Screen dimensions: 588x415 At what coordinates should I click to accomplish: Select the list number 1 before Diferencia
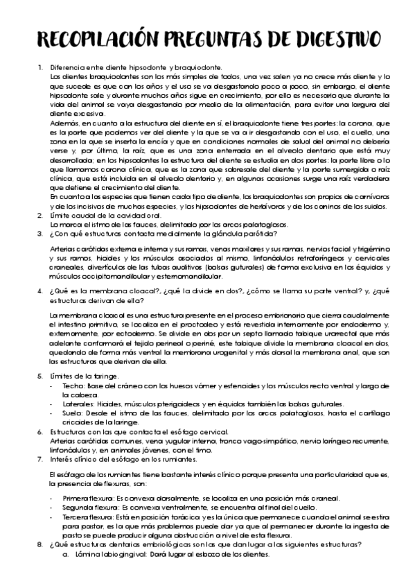[39, 67]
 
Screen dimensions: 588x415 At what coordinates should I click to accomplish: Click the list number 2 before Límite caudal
[39, 216]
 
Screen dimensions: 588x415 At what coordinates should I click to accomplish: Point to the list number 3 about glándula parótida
[39, 234]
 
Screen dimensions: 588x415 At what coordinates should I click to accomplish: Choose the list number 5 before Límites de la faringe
[39, 375]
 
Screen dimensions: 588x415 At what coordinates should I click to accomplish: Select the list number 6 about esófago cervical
[39, 431]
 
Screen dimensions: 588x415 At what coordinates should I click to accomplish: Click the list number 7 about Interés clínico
[39, 459]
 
